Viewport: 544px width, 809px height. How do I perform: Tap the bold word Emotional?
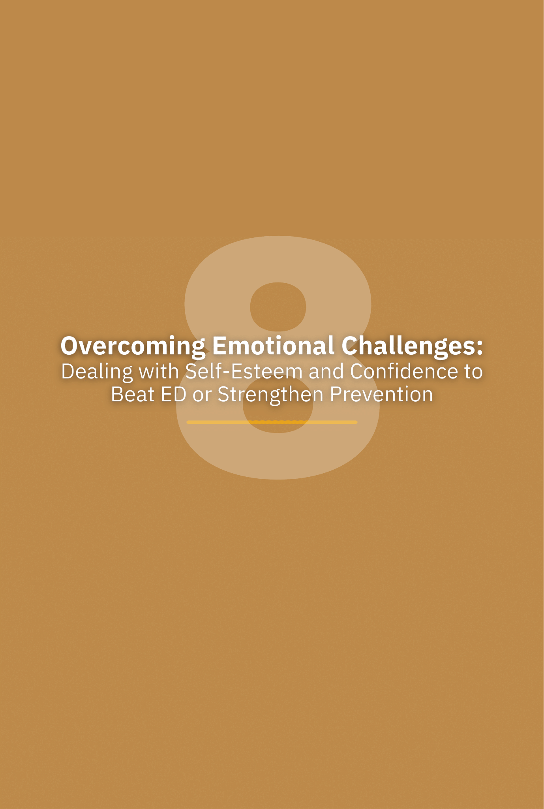point(273,346)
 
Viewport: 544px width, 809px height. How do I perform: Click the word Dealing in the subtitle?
point(97,373)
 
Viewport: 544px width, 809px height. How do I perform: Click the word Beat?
point(133,394)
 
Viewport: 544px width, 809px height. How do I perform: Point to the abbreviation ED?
point(174,394)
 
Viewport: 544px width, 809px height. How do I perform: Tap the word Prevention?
point(381,394)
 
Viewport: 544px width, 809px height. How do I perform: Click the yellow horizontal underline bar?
point(272,422)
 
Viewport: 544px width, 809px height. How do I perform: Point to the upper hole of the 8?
point(278,307)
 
